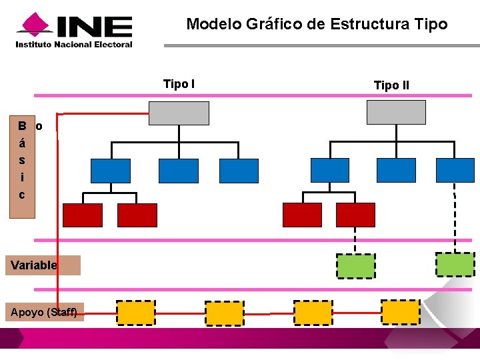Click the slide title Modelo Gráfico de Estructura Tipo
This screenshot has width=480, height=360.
317,25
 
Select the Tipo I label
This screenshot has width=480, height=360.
179,84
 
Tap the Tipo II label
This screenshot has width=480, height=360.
391,85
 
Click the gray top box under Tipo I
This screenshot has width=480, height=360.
179,113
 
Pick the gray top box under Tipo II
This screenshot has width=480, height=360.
396,112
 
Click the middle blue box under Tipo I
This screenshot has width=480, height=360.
178,171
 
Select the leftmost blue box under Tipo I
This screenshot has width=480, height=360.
111,171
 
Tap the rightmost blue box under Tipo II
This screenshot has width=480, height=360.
455,170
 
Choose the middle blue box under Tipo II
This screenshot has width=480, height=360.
396,170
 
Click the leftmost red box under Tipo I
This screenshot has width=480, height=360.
83,215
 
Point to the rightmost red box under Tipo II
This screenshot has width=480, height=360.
355,215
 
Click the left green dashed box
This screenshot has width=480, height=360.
355,265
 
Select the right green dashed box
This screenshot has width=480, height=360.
455,264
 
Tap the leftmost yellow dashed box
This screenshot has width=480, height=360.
136,312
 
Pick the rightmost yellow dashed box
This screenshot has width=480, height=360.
401,311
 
